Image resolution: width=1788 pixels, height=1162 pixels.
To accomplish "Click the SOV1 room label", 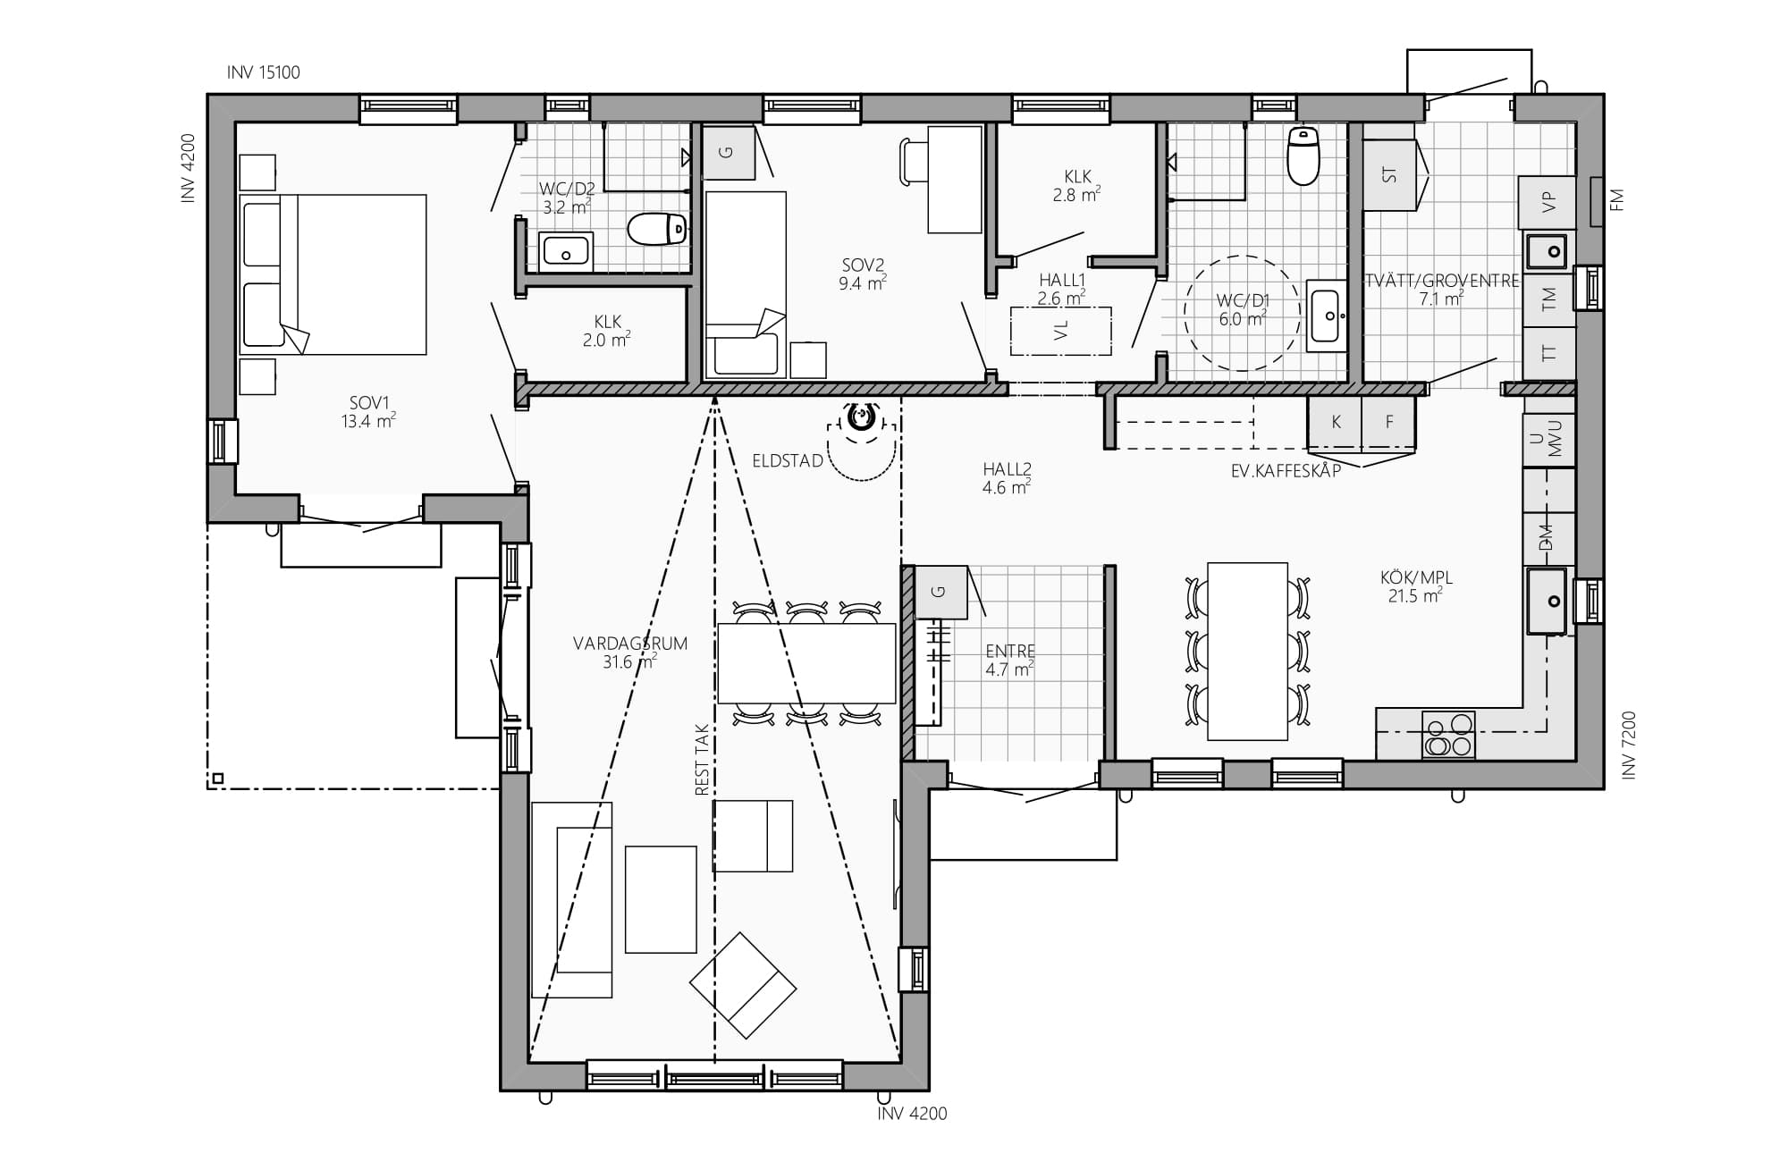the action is click(x=367, y=403).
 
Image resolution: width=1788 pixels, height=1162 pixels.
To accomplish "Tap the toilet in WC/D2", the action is click(x=657, y=229).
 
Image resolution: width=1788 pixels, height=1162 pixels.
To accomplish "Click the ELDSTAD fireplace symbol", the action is click(x=860, y=417).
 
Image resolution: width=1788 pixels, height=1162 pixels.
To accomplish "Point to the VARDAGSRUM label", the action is click(x=630, y=643).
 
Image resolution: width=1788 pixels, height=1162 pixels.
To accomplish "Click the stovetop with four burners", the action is click(x=1448, y=735).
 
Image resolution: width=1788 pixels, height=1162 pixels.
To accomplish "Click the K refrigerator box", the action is click(x=1335, y=423).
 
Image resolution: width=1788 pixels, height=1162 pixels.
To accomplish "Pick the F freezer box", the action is click(x=1388, y=423).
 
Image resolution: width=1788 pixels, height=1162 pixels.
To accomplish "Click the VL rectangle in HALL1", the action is click(x=1061, y=331).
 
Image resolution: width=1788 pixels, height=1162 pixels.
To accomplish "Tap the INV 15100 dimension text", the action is click(x=264, y=72).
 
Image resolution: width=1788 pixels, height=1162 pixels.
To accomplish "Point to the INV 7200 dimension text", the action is click(x=1628, y=745).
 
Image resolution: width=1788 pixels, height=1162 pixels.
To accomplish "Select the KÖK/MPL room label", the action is click(x=1416, y=578).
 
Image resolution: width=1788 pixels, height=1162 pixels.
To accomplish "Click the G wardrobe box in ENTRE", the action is click(x=940, y=592).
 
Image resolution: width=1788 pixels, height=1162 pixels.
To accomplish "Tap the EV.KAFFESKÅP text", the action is click(x=1286, y=471).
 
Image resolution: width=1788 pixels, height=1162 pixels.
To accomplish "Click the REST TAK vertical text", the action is click(x=702, y=760).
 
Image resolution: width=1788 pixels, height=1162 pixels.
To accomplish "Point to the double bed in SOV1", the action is click(x=333, y=274).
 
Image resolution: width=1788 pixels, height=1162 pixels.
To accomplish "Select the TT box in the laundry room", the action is click(x=1548, y=354).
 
